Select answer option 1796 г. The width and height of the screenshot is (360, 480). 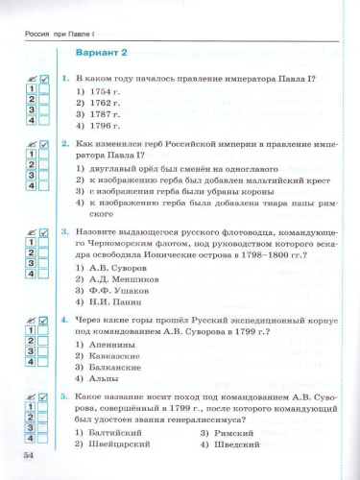[x=99, y=125]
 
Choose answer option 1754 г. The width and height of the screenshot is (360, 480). [x=99, y=90]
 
